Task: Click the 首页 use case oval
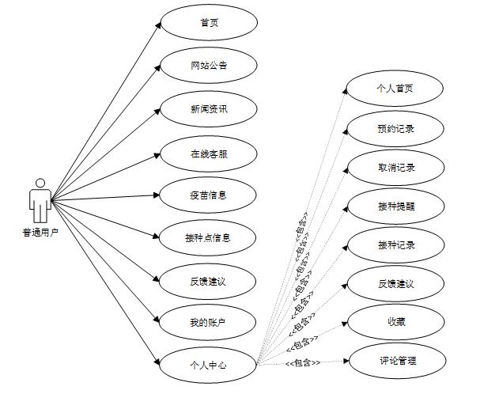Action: pyautogui.click(x=209, y=23)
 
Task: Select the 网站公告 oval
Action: pyautogui.click(x=209, y=66)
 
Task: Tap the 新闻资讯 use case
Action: pyautogui.click(x=209, y=109)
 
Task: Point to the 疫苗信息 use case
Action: pyautogui.click(x=209, y=194)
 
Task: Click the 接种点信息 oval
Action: pyautogui.click(x=209, y=237)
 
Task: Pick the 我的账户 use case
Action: pyautogui.click(x=209, y=322)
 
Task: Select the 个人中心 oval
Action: pyautogui.click(x=209, y=365)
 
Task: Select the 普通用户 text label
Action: pyautogui.click(x=40, y=233)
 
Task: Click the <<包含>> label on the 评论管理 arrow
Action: pyautogui.click(x=302, y=363)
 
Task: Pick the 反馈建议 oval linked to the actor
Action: pyautogui.click(x=209, y=280)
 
